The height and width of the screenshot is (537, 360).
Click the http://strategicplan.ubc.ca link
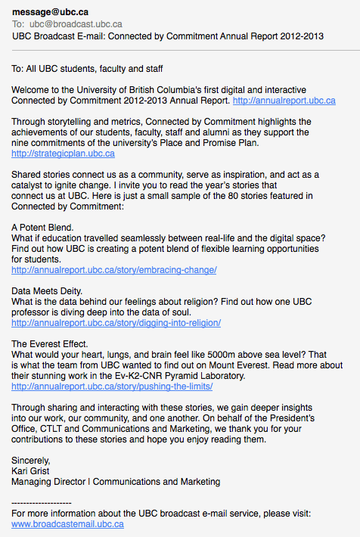[64, 154]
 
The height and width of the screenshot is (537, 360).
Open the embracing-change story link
[114, 270]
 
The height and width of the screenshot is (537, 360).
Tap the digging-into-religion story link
[116, 323]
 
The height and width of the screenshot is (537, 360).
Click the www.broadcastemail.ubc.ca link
[68, 523]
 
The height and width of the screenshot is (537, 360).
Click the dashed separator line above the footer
[42, 502]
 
